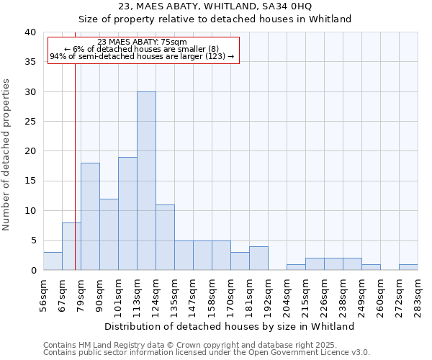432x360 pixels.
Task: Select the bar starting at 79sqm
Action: [90, 217]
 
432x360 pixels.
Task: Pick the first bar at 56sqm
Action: [53, 261]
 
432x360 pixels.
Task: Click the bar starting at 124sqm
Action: [165, 238]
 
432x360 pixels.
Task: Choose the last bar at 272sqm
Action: [408, 267]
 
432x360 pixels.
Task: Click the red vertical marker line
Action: [75, 180]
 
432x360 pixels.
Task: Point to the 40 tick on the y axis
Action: [30, 32]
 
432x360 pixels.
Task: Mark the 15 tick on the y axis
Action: [30, 181]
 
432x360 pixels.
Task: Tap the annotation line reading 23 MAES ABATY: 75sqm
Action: [142, 42]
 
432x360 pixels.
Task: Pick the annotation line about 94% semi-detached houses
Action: [142, 56]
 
